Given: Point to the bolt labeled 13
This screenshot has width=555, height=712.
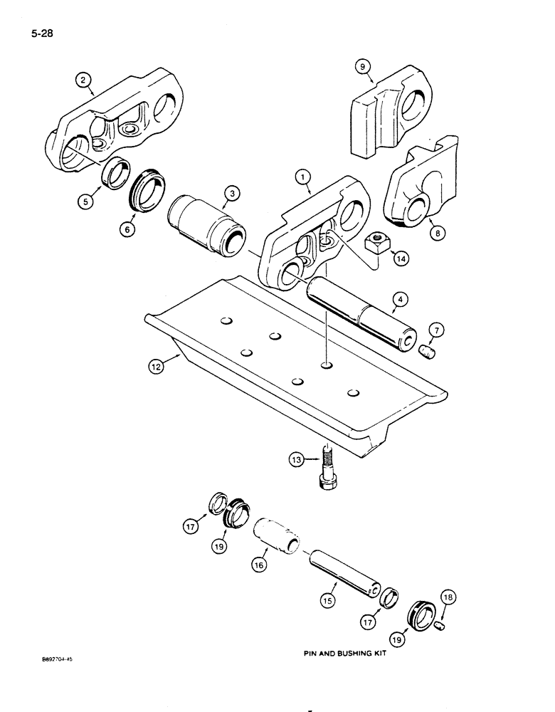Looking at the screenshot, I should (x=327, y=469).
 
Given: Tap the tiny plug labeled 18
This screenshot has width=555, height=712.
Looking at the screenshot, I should (x=439, y=625).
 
